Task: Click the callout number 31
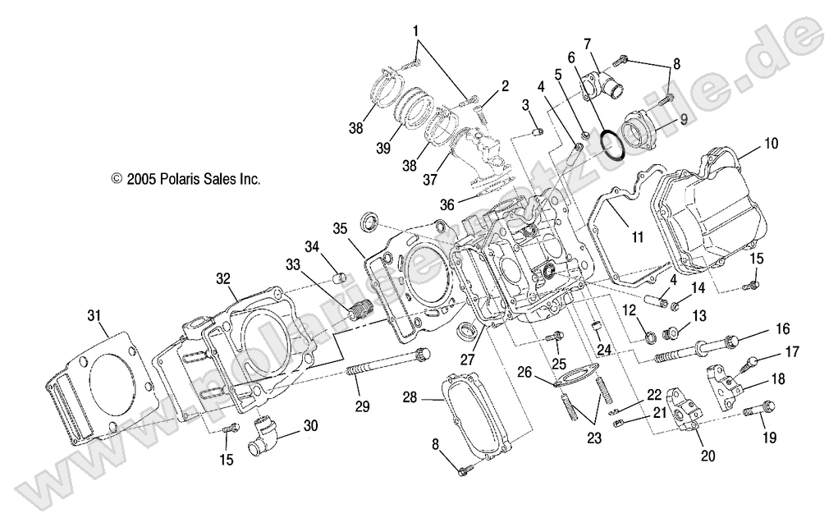[94, 315]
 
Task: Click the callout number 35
[341, 227]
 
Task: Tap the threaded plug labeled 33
[359, 313]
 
